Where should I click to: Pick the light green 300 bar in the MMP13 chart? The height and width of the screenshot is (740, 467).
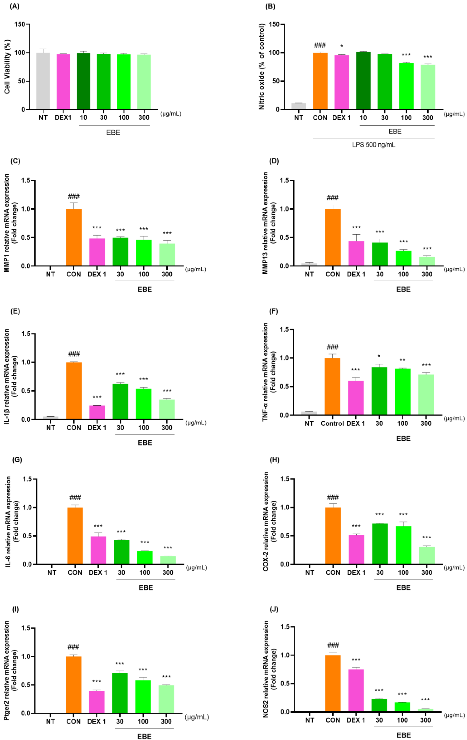click(427, 261)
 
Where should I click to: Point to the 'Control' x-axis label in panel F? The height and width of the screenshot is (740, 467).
click(332, 423)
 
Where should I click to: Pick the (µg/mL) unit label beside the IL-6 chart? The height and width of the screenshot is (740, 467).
click(197, 568)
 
